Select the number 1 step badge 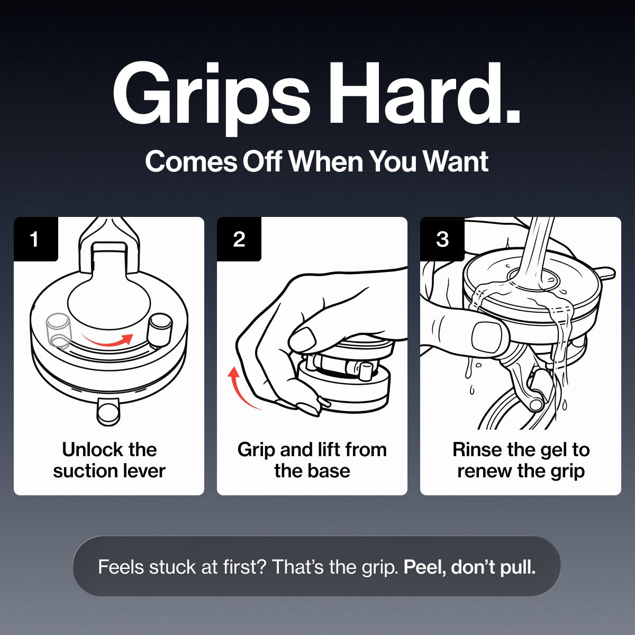[35, 239]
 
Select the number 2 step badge [239, 239]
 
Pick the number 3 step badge [442, 239]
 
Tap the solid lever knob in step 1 [160, 330]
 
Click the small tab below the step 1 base [108, 412]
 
